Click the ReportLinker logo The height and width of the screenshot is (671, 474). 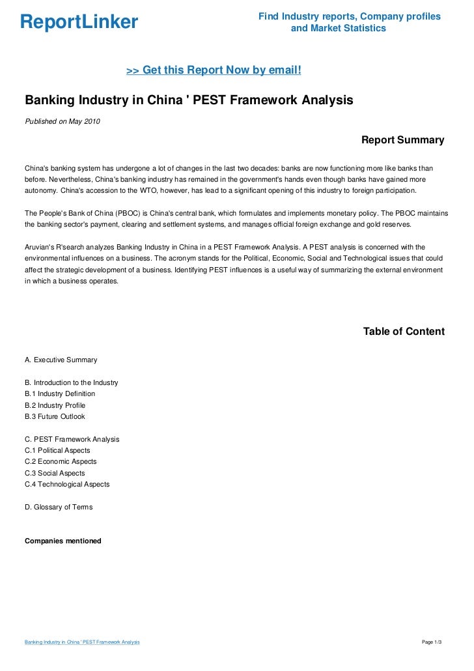point(79,22)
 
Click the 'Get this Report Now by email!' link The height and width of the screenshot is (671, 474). point(214,70)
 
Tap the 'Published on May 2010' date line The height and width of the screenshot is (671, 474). point(63,121)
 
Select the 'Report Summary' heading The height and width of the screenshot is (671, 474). point(402,140)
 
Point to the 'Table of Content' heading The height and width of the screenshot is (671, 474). point(404,332)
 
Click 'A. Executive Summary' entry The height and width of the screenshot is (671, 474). point(61,360)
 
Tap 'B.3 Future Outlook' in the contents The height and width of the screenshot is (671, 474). point(55,416)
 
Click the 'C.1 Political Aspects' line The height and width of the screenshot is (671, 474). point(57,450)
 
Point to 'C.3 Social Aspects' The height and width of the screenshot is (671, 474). point(55,473)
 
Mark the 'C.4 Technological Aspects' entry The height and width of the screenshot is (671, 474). point(67,484)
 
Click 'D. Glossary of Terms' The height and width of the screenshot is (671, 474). point(59,507)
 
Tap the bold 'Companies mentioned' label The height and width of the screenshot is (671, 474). point(63,541)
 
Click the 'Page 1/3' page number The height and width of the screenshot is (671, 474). point(432,643)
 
